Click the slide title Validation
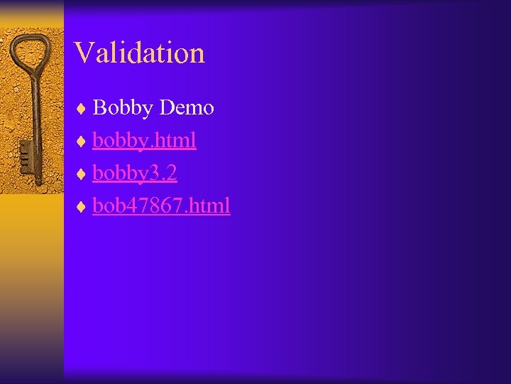[139, 53]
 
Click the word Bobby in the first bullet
[123, 108]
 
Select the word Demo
[187, 108]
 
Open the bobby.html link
[144, 140]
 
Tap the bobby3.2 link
[134, 174]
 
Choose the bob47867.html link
[161, 206]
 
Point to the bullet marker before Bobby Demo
[82, 109]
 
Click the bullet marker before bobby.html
[82, 142]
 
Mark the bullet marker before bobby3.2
[82, 174]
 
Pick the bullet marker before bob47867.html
[82, 207]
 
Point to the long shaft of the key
[31, 114]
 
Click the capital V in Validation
[83, 53]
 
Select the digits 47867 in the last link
[145, 206]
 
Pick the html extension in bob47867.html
[210, 206]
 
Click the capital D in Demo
[167, 108]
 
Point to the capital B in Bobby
[99, 108]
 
